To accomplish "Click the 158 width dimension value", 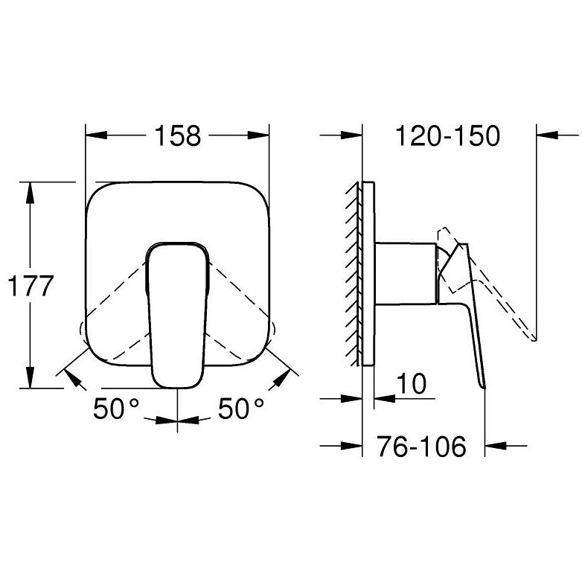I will pyautogui.click(x=177, y=136).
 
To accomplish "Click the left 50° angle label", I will pyautogui.click(x=116, y=409).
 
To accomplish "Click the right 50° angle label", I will pyautogui.click(x=241, y=409).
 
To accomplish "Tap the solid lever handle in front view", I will pyautogui.click(x=177, y=313).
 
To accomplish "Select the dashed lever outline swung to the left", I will pyautogui.click(x=112, y=313).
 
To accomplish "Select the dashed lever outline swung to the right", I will pyautogui.click(x=242, y=313).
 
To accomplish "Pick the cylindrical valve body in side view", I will pyautogui.click(x=406, y=272).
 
